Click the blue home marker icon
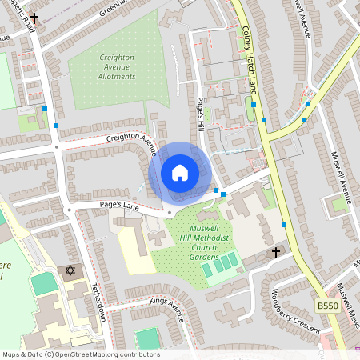(x=179, y=173)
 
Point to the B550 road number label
(x=327, y=306)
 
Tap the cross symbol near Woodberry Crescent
(x=276, y=253)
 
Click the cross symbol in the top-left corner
(x=34, y=17)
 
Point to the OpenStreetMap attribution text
(x=80, y=354)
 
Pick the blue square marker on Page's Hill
(x=216, y=190)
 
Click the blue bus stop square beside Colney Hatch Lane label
(x=252, y=104)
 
